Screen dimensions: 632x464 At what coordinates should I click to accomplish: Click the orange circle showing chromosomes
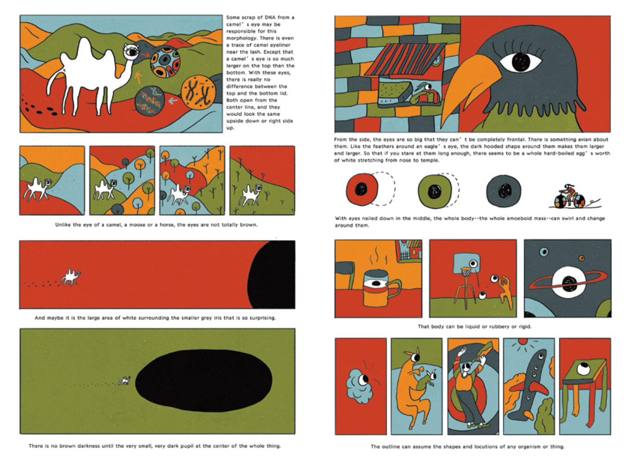198,92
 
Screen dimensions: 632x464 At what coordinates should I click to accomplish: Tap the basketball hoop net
465,272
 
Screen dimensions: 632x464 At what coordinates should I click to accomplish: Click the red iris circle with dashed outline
362,189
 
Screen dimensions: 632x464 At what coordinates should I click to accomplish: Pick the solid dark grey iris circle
503,191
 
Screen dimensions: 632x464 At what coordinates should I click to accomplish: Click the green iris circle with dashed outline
434,191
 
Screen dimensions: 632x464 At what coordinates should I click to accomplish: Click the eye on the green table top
584,369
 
